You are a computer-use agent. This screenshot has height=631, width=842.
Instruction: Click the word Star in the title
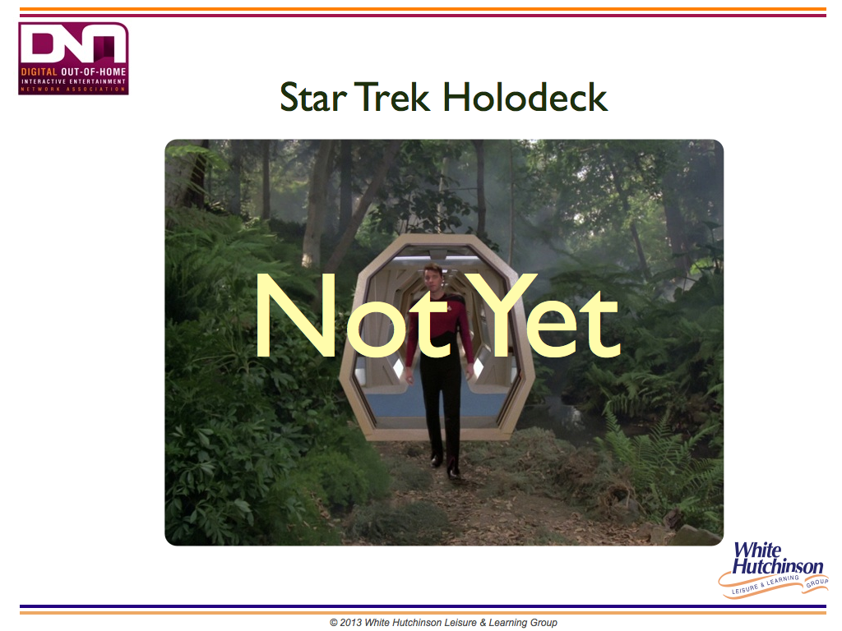tap(312, 98)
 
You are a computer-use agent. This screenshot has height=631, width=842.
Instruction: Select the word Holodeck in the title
tap(525, 97)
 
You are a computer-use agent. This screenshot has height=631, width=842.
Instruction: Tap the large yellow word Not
tap(352, 315)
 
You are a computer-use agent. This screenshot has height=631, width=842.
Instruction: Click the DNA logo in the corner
tap(73, 58)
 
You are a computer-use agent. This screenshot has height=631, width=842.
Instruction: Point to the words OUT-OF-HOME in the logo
tap(94, 72)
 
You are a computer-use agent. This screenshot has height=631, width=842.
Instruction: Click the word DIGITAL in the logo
tap(39, 72)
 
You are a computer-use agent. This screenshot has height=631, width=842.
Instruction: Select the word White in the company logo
tap(757, 550)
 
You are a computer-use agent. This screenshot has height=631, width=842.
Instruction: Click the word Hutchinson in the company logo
tap(778, 566)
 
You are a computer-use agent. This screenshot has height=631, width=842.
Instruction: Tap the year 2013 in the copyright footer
tap(350, 623)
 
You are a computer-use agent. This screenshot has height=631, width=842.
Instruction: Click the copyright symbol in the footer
tap(334, 623)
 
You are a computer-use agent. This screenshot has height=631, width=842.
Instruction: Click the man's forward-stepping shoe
tap(454, 472)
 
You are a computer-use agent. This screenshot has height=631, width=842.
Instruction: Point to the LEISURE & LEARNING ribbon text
tap(766, 584)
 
